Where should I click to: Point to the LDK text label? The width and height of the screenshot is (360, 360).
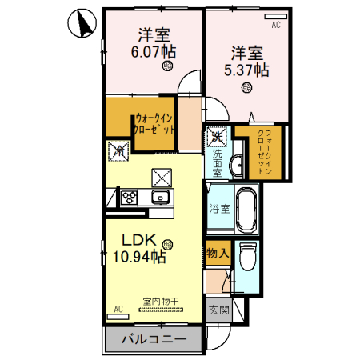tap(139, 239)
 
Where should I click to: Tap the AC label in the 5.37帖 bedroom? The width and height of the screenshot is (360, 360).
tap(276, 26)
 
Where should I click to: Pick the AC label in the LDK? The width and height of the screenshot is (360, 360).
tap(118, 308)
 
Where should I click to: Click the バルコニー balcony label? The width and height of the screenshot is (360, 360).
tap(154, 340)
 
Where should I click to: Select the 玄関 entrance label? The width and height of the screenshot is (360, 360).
tap(218, 309)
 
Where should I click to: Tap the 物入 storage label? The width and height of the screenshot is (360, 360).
tap(218, 253)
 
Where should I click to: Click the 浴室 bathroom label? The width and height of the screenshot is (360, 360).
tap(220, 210)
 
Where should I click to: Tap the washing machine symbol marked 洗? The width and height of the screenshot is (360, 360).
tap(216, 137)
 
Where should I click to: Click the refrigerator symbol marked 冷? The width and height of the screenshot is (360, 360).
tap(118, 150)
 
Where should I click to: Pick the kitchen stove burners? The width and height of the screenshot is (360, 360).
tap(128, 196)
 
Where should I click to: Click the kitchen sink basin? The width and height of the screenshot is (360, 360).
tap(159, 197)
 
